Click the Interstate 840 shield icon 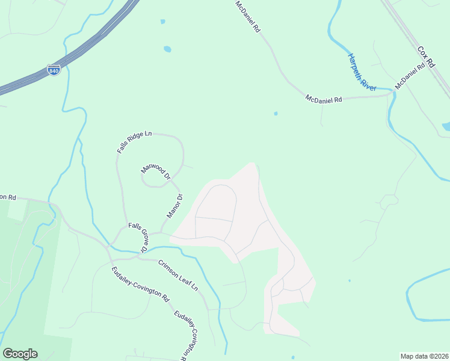[53, 70]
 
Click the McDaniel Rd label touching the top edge [247, 16]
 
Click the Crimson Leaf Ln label [178, 276]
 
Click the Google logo [20, 354]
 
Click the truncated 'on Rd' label [8, 197]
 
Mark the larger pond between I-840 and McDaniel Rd [167, 49]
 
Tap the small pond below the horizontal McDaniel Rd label [276, 113]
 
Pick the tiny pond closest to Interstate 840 [162, 22]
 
